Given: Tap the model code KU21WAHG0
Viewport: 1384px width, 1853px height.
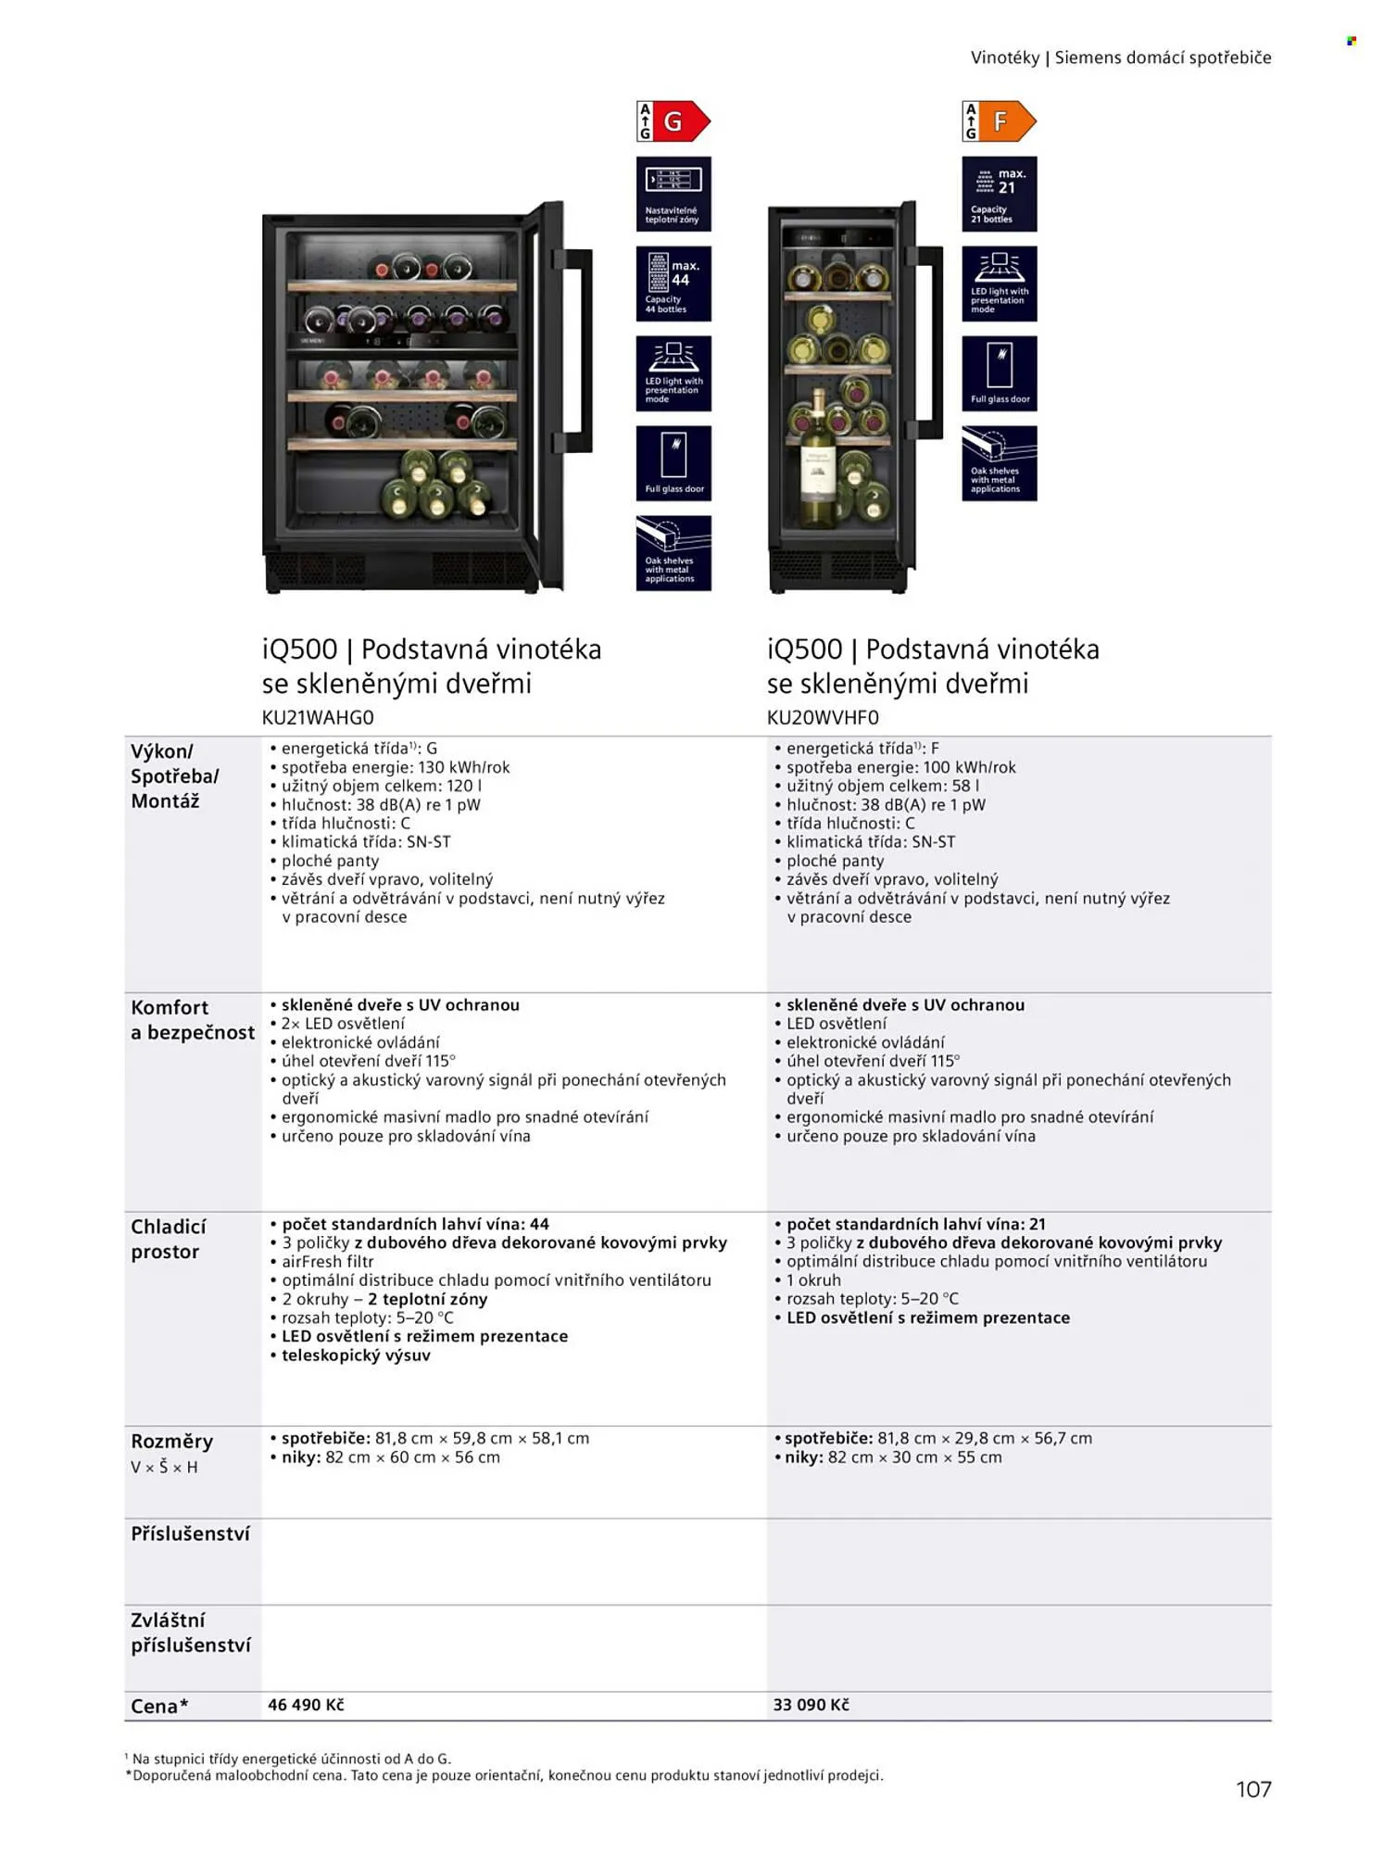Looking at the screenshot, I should pyautogui.click(x=318, y=717).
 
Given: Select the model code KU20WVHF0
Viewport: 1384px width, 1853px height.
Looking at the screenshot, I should pyautogui.click(x=823, y=717).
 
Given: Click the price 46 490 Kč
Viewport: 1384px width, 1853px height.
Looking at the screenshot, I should pyautogui.click(x=306, y=1705).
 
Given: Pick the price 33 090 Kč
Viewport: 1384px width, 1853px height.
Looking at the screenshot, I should pyautogui.click(x=811, y=1705).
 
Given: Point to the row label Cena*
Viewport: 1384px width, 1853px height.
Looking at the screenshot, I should pyautogui.click(x=159, y=1706).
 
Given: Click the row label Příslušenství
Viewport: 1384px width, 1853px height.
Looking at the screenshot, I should pyautogui.click(x=190, y=1533).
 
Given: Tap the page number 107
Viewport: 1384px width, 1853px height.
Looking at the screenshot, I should pyautogui.click(x=1253, y=1789).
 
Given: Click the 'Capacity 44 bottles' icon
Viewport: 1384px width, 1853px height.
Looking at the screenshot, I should pyautogui.click(x=673, y=284).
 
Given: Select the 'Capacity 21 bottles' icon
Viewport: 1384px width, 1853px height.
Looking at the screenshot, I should pyautogui.click(x=1000, y=194).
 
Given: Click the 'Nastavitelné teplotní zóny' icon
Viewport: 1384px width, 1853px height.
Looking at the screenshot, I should pyautogui.click(x=673, y=194).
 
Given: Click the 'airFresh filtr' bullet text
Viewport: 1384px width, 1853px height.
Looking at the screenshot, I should pyautogui.click(x=327, y=1261).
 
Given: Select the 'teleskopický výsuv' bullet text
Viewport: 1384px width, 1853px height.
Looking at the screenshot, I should pyautogui.click(x=356, y=1355).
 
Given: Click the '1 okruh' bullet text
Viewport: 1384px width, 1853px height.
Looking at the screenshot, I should pyautogui.click(x=813, y=1279).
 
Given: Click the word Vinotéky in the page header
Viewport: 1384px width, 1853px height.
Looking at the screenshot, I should pyautogui.click(x=1005, y=57).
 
